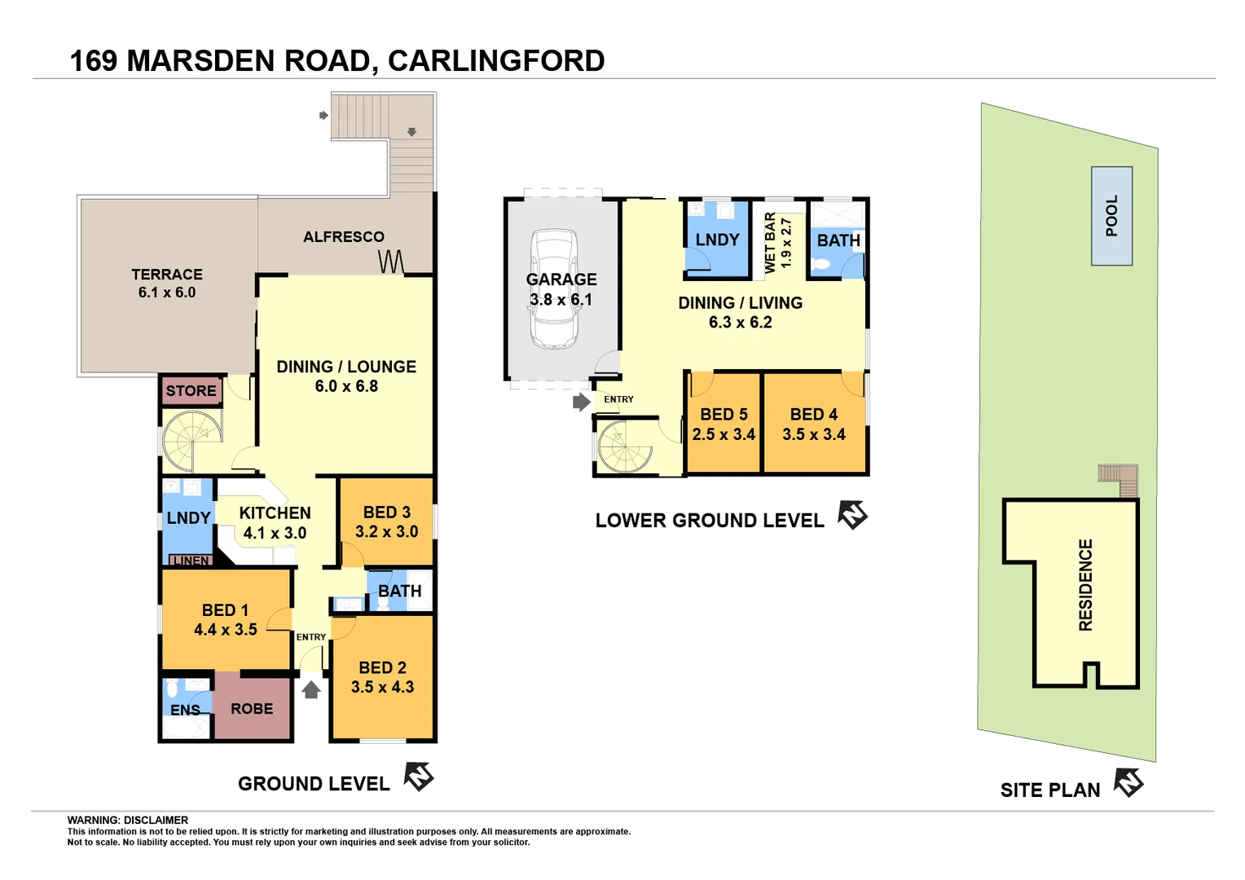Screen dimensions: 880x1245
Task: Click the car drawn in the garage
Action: coord(554,289)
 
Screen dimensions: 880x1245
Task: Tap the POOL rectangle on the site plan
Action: coord(1111,216)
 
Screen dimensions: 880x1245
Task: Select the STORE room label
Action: coord(191,391)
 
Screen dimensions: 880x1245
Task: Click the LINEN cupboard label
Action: coord(191,561)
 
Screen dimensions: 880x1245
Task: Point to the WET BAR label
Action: coord(770,242)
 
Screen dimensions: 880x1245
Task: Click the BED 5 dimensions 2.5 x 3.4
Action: coord(724,435)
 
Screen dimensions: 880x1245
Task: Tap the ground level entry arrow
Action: coord(311,690)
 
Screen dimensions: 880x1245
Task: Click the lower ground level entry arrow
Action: coord(581,402)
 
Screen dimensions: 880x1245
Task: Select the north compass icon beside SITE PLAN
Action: coord(1128,783)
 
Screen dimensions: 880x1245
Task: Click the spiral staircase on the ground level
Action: coord(191,441)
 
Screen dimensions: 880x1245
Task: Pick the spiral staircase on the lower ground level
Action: coord(625,447)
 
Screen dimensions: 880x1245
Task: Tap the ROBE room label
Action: coord(252,709)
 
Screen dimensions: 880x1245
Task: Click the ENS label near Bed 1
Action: coord(185,711)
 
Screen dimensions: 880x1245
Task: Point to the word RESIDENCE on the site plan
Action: coord(1085,585)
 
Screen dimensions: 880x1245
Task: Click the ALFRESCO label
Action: coord(344,237)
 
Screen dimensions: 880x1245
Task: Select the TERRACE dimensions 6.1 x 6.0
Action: coord(167,293)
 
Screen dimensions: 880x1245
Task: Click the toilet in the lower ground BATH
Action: coord(821,264)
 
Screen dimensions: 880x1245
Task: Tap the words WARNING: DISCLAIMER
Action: coord(128,821)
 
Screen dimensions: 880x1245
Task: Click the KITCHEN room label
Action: coord(275,513)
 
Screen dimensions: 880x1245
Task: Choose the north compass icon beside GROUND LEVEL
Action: coord(419,777)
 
